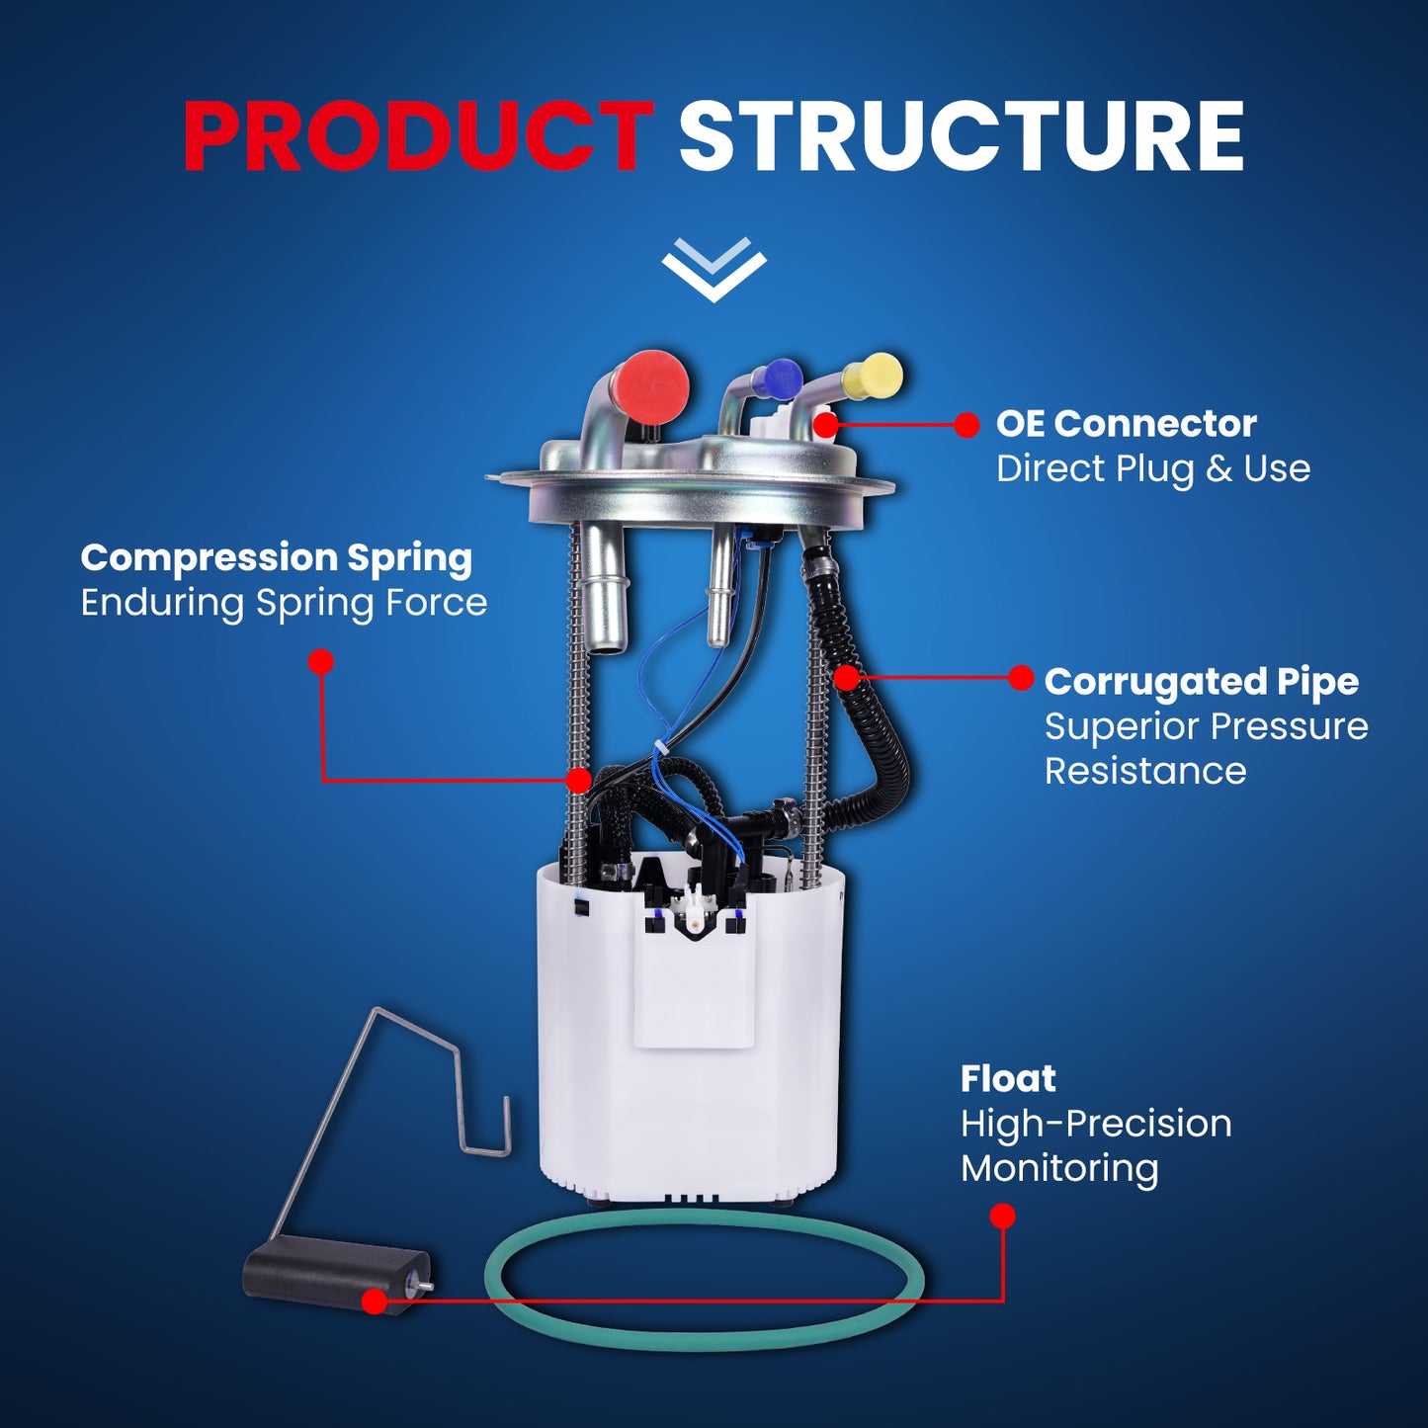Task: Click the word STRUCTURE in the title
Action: pyautogui.click(x=962, y=137)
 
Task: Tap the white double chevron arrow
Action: pyautogui.click(x=714, y=270)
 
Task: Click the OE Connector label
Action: pyautogui.click(x=1126, y=424)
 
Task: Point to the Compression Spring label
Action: pyautogui.click(x=277, y=559)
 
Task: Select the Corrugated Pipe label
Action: pyautogui.click(x=1202, y=683)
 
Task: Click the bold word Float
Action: pyautogui.click(x=1008, y=1079)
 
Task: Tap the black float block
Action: pyautogui.click(x=337, y=1282)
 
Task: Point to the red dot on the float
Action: pyautogui.click(x=375, y=1301)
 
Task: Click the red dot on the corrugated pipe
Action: pyautogui.click(x=847, y=677)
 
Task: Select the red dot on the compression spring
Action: pyautogui.click(x=578, y=780)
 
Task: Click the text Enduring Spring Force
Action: pyautogui.click(x=284, y=603)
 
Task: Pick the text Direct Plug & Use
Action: pyautogui.click(x=1153, y=469)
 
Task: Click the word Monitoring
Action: pyautogui.click(x=1059, y=1169)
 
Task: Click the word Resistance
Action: pyautogui.click(x=1145, y=772)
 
